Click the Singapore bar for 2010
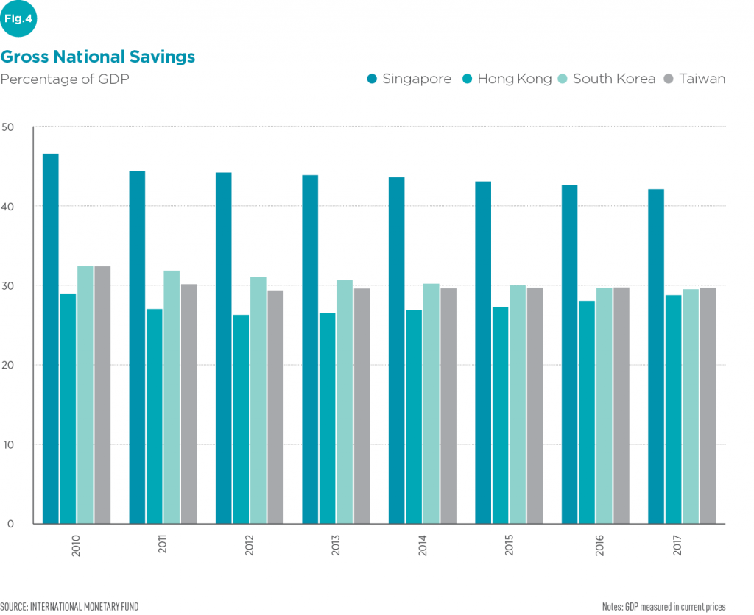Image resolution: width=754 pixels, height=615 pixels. (51, 338)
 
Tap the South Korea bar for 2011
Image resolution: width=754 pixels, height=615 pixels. (172, 397)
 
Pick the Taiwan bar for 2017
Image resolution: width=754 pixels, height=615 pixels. (708, 405)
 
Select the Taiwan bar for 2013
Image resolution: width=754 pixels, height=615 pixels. (362, 405)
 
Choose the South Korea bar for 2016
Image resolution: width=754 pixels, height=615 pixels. (604, 405)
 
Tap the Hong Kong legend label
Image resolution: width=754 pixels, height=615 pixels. (514, 79)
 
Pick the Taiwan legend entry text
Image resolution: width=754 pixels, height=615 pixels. (702, 79)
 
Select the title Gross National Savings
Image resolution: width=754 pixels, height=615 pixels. (98, 56)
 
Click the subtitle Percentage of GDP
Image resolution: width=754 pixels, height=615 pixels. (65, 79)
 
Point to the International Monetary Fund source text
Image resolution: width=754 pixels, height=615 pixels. (69, 606)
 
